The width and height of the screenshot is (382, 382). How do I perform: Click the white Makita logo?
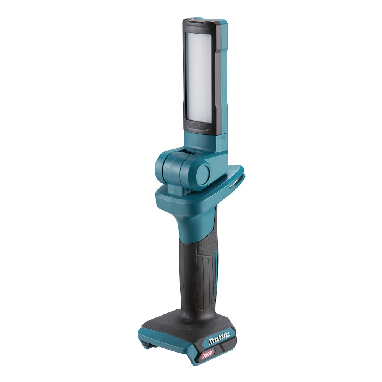(219, 338)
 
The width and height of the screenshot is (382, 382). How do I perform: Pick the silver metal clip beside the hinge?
(233, 184)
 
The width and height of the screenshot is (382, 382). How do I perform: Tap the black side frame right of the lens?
(216, 76)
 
